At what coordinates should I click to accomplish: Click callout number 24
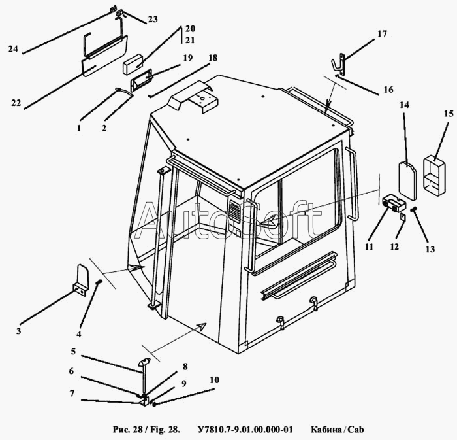[13, 49]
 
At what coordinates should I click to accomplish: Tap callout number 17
[382, 33]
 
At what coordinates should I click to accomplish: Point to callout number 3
[18, 331]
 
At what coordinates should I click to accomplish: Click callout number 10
[214, 380]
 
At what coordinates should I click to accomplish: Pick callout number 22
[16, 103]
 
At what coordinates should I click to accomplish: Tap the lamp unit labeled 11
[391, 202]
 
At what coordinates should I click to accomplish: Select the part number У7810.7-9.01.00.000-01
[244, 429]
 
